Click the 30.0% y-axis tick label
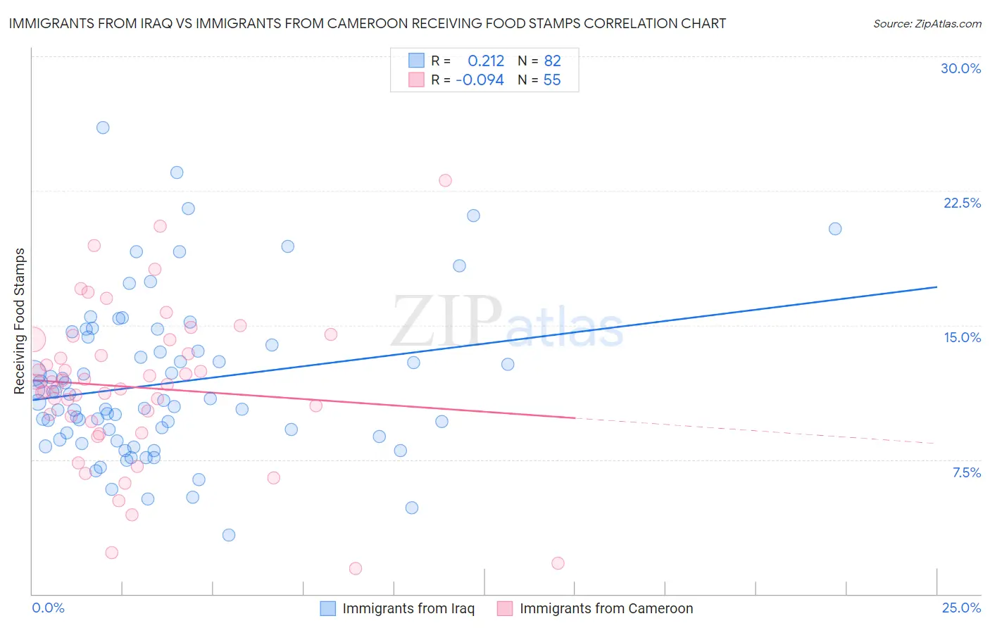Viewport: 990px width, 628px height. pyautogui.click(x=960, y=68)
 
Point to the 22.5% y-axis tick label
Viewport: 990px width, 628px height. pyautogui.click(x=962, y=203)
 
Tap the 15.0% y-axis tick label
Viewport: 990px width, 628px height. pyautogui.click(x=962, y=337)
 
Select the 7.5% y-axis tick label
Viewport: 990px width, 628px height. pyautogui.click(x=966, y=472)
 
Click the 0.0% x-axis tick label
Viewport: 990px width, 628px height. pyautogui.click(x=48, y=608)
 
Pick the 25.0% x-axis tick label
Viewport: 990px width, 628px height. pyautogui.click(x=961, y=608)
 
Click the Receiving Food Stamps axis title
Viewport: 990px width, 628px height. pyautogui.click(x=20, y=321)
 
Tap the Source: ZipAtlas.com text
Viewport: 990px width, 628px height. pyautogui.click(x=927, y=24)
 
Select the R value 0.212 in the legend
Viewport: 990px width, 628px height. pyautogui.click(x=486, y=61)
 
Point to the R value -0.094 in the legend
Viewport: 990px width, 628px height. pyautogui.click(x=480, y=80)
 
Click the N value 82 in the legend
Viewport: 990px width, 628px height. pyautogui.click(x=552, y=61)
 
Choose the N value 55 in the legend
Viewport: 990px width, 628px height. pyautogui.click(x=552, y=80)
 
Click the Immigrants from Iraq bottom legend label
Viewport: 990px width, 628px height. pyautogui.click(x=408, y=608)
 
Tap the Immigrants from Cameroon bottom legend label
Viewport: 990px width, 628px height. pyautogui.click(x=606, y=608)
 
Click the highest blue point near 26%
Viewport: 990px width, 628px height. pyautogui.click(x=103, y=127)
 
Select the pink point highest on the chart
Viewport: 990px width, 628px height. pyautogui.click(x=445, y=180)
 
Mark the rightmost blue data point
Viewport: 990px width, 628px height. pyautogui.click(x=835, y=229)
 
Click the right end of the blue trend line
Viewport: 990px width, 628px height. pyautogui.click(x=936, y=287)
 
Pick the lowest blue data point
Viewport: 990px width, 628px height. pyautogui.click(x=229, y=535)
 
